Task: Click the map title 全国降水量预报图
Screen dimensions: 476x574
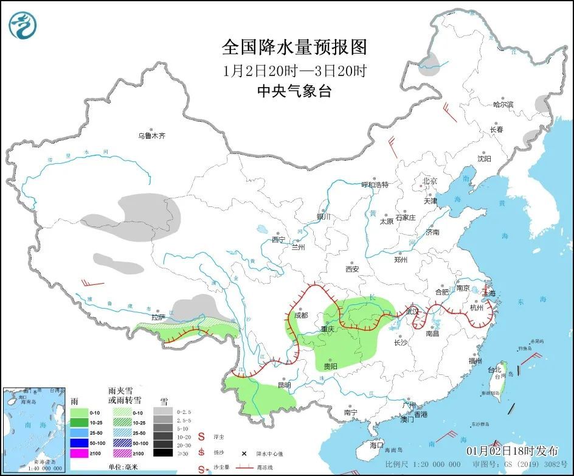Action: point(294,47)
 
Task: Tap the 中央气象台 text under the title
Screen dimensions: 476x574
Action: point(294,91)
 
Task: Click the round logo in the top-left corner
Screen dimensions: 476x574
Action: point(23,24)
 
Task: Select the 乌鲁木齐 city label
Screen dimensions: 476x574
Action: point(151,136)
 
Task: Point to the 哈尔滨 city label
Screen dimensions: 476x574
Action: point(503,105)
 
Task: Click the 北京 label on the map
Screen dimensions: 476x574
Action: point(430,181)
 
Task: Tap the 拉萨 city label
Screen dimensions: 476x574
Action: point(158,317)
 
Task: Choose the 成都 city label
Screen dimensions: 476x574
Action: point(300,315)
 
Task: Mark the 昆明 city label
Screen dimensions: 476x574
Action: point(284,385)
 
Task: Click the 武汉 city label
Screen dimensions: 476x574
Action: point(413,311)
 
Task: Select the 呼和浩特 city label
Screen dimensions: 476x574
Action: point(375,184)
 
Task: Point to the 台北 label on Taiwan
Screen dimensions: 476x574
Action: point(493,369)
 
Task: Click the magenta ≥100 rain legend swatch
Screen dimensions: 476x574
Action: point(79,452)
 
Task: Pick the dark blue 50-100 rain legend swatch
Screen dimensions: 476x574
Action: point(79,443)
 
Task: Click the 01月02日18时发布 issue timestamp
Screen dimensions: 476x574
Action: point(512,451)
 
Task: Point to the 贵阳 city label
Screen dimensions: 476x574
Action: point(330,366)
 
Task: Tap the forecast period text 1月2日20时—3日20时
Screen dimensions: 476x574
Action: point(294,70)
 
